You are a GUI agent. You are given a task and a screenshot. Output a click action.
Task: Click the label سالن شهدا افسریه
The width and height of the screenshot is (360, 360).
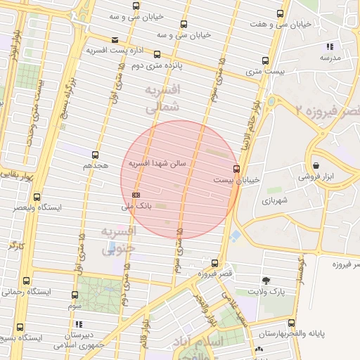point(157,162)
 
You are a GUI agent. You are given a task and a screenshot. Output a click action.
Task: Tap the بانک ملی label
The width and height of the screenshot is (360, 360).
point(136,207)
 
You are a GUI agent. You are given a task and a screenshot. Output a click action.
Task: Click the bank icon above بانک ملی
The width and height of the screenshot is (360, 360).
point(136,195)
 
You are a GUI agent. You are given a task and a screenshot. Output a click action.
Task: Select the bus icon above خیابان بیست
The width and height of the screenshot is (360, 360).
point(236,169)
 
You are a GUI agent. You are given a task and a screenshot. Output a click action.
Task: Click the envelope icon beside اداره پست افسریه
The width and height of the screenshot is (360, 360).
point(115,39)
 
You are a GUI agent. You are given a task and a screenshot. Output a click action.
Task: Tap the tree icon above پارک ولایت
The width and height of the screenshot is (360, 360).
point(265,280)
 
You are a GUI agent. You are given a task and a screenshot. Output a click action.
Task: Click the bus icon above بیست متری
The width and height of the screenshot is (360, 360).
point(265,60)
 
